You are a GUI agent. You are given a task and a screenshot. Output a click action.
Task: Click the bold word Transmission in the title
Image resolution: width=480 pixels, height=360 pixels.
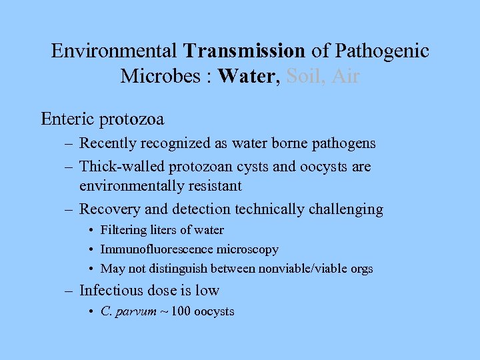pos(245,51)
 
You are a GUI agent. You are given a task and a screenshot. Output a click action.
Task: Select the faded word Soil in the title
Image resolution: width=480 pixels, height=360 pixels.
pos(304,76)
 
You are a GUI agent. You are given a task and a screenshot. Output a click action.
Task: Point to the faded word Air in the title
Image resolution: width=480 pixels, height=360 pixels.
pos(345,76)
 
